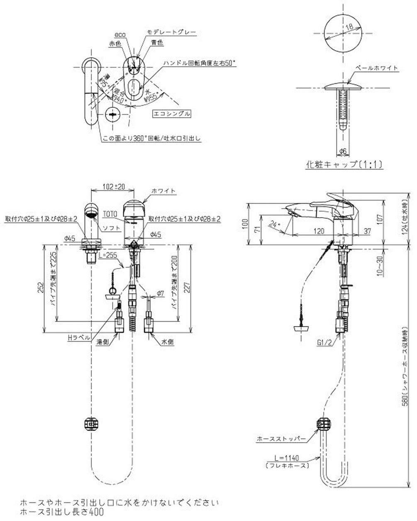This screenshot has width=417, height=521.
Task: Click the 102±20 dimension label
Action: coord(113,187)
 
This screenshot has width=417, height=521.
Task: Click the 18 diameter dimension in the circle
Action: coord(349,27)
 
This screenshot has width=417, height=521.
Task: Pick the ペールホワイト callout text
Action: coord(377,68)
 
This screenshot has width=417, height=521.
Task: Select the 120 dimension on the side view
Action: coord(319,232)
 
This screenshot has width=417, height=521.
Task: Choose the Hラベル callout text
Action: coord(79,338)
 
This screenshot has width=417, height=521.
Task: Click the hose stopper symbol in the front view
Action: coord(91,424)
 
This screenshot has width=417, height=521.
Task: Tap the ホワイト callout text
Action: coord(164,191)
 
